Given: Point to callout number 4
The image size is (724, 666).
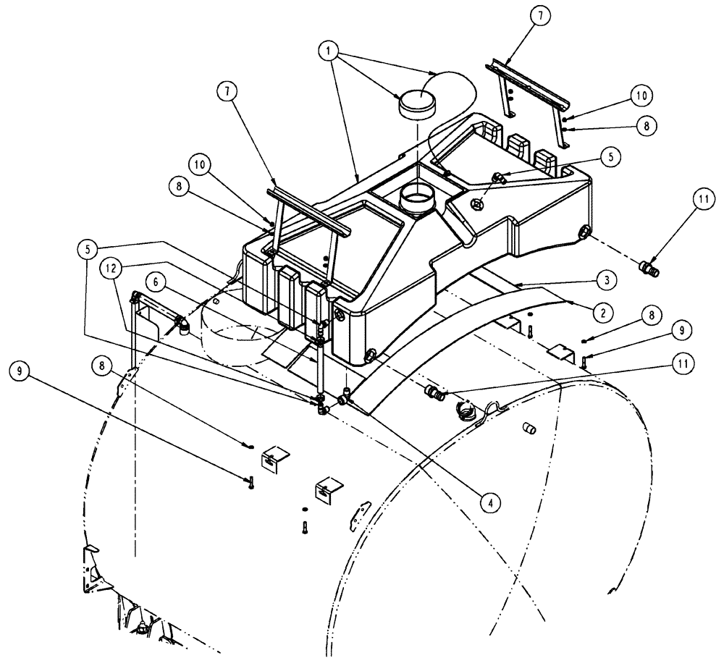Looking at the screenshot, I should (x=491, y=499).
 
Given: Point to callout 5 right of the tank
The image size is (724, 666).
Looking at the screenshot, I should (x=610, y=155).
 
